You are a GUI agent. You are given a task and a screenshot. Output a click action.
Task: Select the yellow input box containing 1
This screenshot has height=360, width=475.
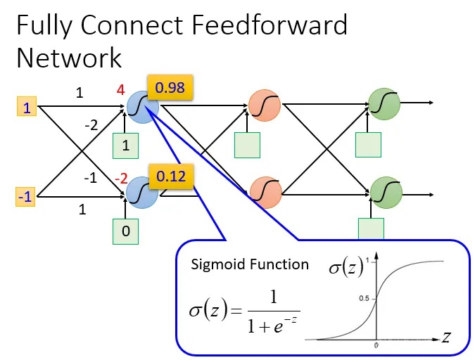tap(27, 108)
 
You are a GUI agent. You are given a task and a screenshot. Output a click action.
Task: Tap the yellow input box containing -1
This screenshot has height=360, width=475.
tap(26, 198)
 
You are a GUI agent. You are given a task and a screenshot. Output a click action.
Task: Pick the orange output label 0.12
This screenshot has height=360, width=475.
tap(170, 176)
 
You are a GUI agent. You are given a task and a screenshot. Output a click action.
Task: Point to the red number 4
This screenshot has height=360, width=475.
tap(121, 90)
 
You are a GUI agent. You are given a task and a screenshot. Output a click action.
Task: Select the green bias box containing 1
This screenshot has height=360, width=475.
tap(126, 146)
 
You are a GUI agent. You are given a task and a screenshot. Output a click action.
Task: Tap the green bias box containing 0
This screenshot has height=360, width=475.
tap(126, 231)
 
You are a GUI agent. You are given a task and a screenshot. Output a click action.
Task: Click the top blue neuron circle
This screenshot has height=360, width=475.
tap(144, 108)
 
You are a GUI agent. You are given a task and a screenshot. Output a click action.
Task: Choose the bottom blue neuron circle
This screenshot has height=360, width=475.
tap(143, 191)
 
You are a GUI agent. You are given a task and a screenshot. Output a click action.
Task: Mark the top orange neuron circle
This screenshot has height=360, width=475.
tap(265, 108)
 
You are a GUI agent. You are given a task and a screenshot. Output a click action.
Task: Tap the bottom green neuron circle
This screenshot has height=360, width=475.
tap(384, 191)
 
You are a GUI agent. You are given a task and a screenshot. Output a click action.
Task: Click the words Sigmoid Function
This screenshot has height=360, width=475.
tap(250, 264)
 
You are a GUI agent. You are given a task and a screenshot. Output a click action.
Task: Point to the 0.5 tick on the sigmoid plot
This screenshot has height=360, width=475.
tap(363, 298)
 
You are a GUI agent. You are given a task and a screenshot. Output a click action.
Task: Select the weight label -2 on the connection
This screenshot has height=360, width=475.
tap(90, 126)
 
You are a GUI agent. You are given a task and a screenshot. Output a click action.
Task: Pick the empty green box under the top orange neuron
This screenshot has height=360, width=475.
tap(247, 144)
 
